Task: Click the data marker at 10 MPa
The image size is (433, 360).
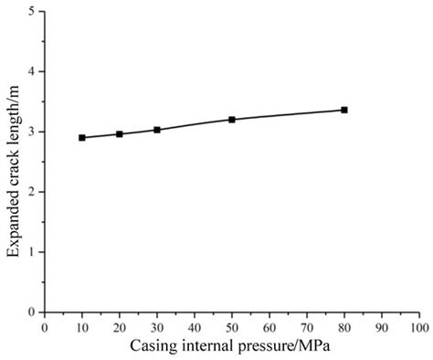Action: [x=82, y=138]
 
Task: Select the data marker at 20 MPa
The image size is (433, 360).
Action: [x=120, y=134]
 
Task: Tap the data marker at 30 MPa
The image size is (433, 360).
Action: [x=157, y=130]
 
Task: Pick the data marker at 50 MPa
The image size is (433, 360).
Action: [x=232, y=120]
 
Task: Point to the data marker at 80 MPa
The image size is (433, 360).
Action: [x=344, y=110]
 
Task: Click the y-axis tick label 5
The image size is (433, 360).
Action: [x=32, y=12]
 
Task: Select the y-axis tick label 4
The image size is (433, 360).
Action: [x=32, y=72]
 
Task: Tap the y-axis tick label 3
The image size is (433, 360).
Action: [x=32, y=132]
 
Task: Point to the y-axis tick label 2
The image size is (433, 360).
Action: [x=32, y=192]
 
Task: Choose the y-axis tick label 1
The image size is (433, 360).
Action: [x=32, y=252]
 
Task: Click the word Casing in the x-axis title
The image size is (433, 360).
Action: [x=152, y=347]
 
